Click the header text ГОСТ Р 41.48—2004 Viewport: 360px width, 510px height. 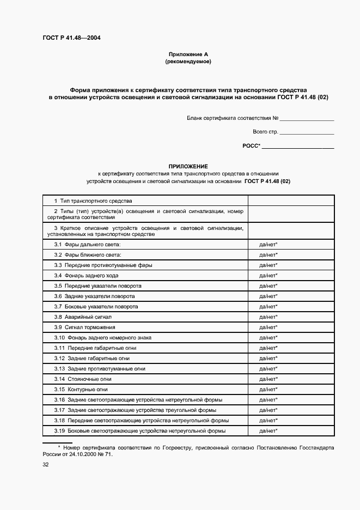point(71,38)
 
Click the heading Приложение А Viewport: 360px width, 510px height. point(188,54)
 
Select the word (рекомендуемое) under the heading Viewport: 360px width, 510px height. point(188,62)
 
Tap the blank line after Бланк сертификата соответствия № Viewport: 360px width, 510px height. point(308,118)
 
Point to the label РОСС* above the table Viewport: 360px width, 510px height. point(251,146)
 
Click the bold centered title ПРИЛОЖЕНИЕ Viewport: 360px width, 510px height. point(188,166)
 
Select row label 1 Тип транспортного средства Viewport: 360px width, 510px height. point(93,201)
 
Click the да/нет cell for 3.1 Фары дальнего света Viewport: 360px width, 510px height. point(269,245)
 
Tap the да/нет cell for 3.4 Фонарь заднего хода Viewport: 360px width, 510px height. point(269,276)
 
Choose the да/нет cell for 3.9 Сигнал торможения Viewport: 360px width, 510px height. point(269,327)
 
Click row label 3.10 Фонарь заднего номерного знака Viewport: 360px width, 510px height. point(103,338)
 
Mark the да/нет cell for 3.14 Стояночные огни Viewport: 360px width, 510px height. point(269,379)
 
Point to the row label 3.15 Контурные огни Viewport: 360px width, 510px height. point(81,390)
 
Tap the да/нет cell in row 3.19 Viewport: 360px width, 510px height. point(269,431)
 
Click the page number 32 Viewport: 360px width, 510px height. point(46,465)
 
